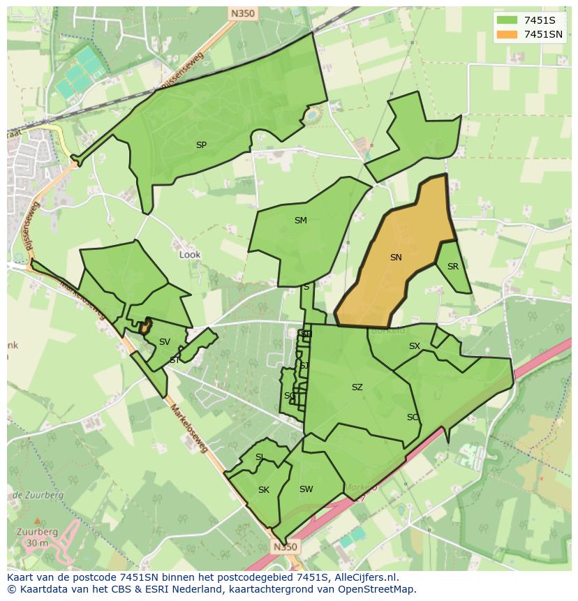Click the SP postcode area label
201,145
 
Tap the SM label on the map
300,221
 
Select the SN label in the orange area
396,258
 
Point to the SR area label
453,267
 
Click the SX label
415,346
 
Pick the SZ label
357,387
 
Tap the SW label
306,489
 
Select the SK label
263,490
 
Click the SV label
164,342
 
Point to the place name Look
190,255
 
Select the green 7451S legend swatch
507,20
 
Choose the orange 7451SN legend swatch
507,34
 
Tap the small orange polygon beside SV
145,325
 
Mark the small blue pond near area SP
311,113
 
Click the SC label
413,417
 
